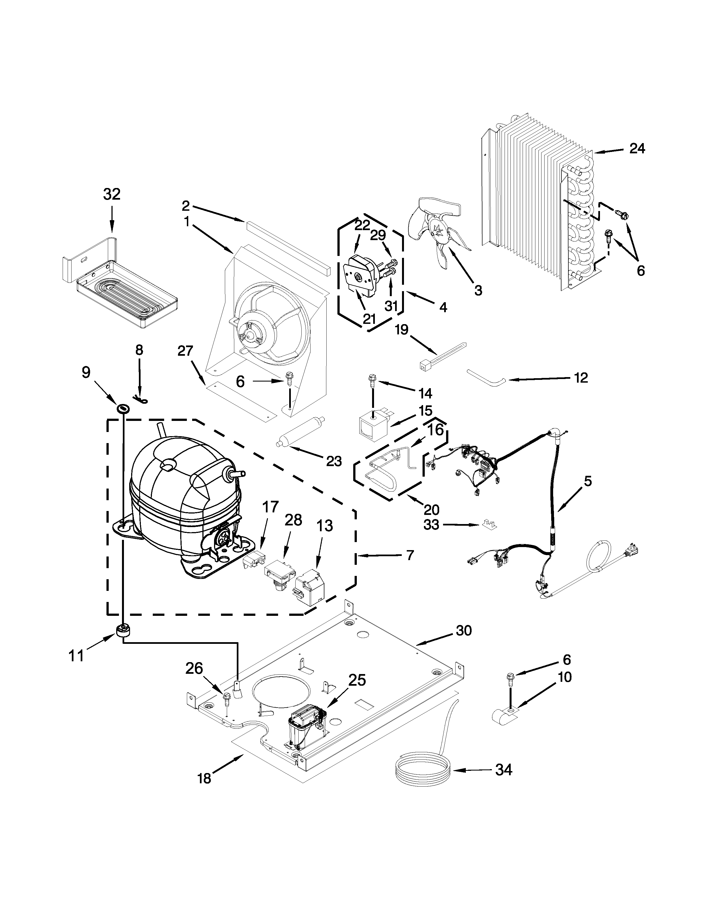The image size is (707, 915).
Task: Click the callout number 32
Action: [112, 194]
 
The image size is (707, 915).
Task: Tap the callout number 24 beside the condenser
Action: [637, 148]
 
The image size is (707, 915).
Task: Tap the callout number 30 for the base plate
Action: [464, 642]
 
